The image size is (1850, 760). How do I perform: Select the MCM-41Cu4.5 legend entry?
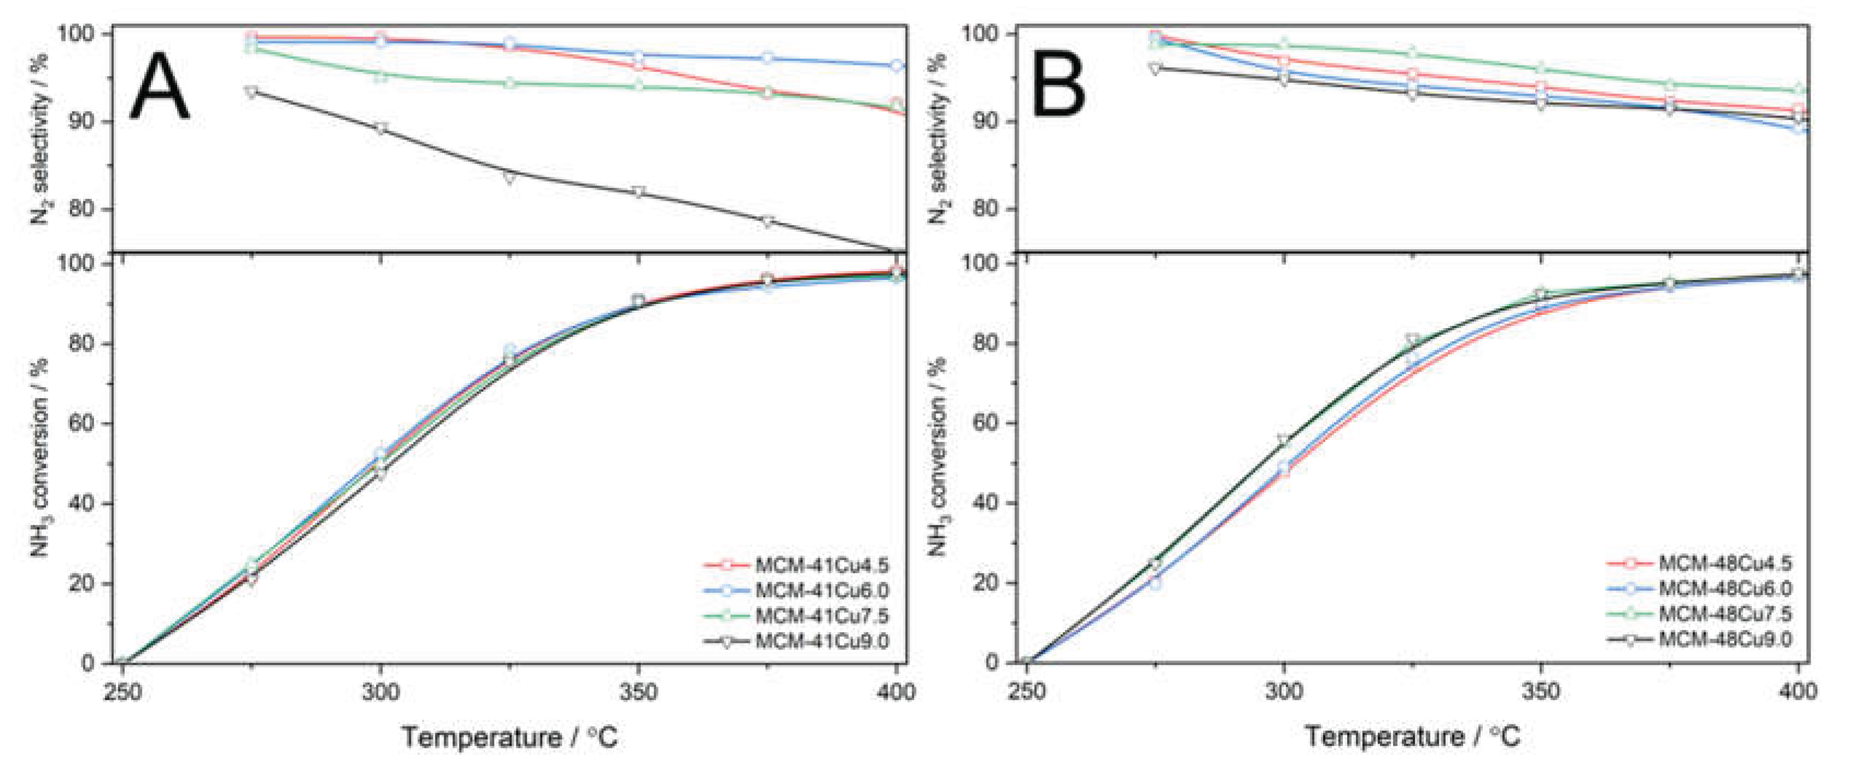click(821, 565)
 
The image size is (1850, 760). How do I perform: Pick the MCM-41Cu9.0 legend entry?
click(821, 640)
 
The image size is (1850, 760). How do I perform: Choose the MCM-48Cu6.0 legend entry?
click(1724, 588)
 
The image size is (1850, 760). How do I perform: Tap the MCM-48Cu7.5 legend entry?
click(1724, 613)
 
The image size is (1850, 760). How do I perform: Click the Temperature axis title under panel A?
click(509, 737)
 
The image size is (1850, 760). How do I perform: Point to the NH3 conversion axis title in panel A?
click(41, 460)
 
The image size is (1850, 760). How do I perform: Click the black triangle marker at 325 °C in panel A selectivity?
click(509, 178)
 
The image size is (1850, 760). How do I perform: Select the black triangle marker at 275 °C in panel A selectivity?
click(251, 92)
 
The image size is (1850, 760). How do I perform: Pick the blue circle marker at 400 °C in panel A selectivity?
click(896, 66)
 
